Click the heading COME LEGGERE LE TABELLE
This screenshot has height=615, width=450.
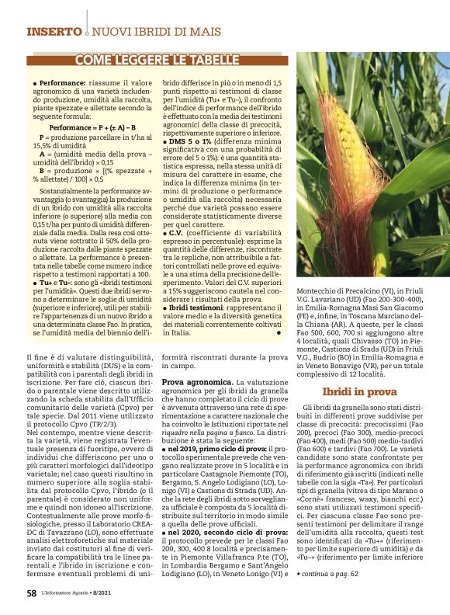pyautogui.click(x=157, y=60)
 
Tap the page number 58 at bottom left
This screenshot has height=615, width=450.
pyautogui.click(x=32, y=592)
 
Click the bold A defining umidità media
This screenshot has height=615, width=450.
pyautogui.click(x=42, y=153)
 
